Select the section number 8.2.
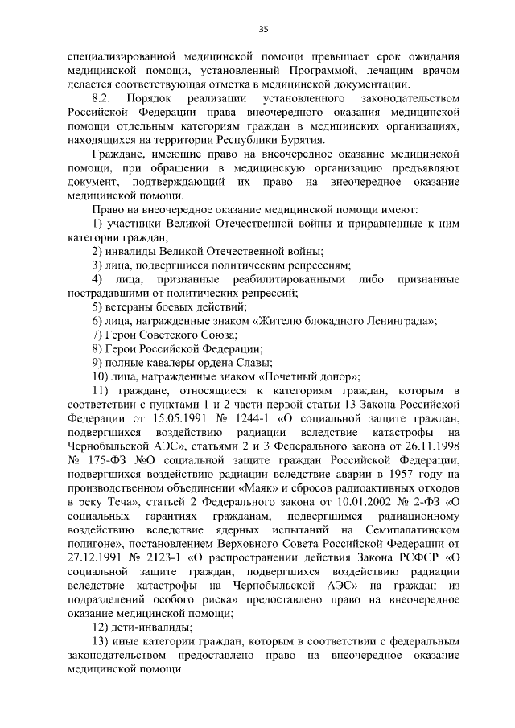[x=104, y=97]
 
